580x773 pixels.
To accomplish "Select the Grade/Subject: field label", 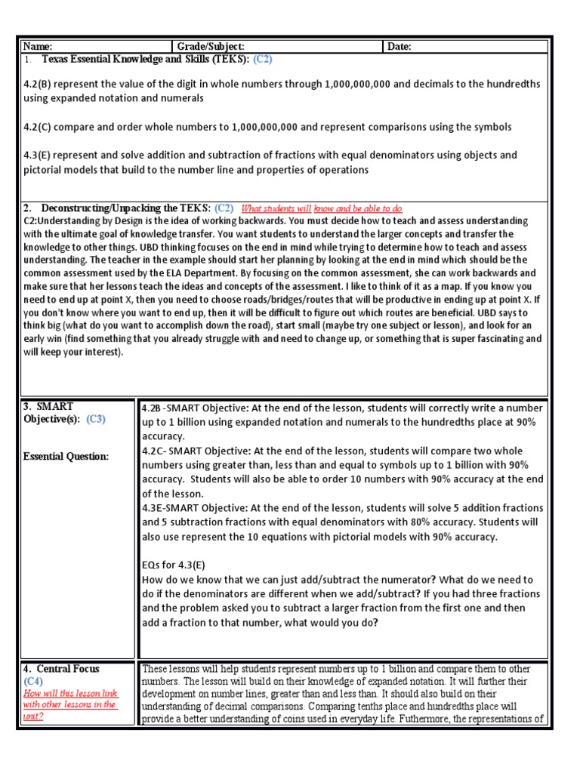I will pos(211,47).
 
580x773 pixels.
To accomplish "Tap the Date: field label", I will pos(400,47).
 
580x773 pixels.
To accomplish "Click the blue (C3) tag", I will pos(96,420).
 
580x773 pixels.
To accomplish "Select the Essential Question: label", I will pos(66,456).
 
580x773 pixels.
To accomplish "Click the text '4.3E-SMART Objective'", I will pos(189,509).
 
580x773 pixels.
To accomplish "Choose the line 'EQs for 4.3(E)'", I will pos(173,565).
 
